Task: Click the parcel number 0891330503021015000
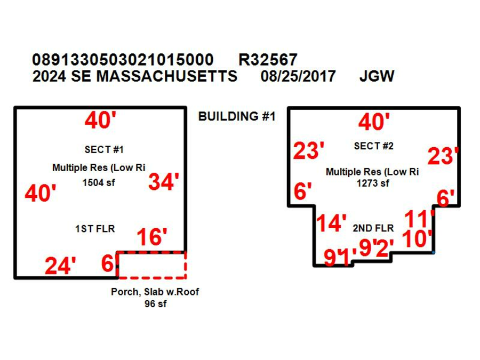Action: tap(123, 59)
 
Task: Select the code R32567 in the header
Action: tap(268, 59)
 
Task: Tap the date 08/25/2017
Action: tap(298, 76)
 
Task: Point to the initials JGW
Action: tap(377, 76)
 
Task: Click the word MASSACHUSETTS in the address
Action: tap(167, 76)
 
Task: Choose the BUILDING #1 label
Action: tap(237, 116)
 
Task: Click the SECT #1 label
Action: tap(104, 150)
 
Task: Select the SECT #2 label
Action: tap(373, 146)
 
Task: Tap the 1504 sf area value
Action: tap(99, 183)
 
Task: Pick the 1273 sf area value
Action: tap(373, 183)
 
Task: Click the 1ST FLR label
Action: tap(95, 229)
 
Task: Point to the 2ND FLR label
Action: tap(373, 228)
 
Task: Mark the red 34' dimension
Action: tap(164, 182)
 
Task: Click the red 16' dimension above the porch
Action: tap(152, 237)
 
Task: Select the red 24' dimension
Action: tap(60, 266)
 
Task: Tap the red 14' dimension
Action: tap(331, 222)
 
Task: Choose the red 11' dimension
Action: tap(419, 219)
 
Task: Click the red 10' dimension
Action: tap(417, 238)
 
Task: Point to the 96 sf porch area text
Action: tap(156, 304)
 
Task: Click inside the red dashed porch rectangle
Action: tap(152, 265)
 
